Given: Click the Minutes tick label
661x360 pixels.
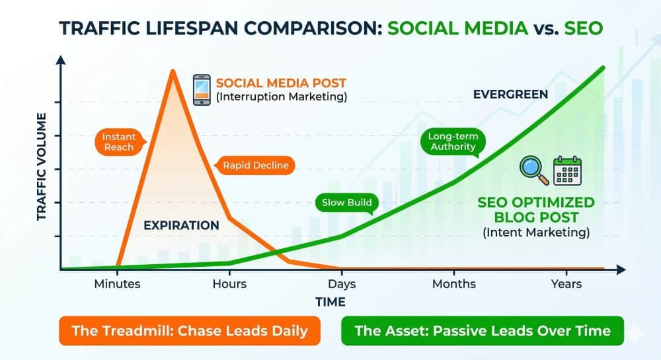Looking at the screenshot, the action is point(117,284).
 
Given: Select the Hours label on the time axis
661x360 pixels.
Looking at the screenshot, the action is point(229,284).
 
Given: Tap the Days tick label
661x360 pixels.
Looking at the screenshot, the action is point(342,284).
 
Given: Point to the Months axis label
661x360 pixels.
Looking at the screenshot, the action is point(454,284).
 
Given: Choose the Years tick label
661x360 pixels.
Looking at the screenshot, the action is point(566,284).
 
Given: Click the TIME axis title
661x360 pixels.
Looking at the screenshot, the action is point(330,302).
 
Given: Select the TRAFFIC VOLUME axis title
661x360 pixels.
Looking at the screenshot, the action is point(41,166).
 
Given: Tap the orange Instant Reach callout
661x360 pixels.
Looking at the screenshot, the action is point(120,142).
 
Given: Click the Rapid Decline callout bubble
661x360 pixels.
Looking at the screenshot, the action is point(255,165).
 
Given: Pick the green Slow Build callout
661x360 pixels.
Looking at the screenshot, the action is point(347,203).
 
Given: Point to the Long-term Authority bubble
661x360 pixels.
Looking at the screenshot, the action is point(453,142).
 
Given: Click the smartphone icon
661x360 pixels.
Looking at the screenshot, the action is point(202,90).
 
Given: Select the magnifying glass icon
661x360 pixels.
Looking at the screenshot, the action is point(533,170).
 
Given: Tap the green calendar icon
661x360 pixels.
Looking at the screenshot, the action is point(567,170).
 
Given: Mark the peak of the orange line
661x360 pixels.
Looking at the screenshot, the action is point(173,70).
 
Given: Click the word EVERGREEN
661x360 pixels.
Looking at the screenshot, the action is point(510,94).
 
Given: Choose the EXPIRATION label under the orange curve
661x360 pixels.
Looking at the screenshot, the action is point(181,225).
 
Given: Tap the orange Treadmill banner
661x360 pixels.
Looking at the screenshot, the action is point(190,330).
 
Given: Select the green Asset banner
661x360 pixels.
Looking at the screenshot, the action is point(483,330).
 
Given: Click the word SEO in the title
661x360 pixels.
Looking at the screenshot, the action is point(584,28).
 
